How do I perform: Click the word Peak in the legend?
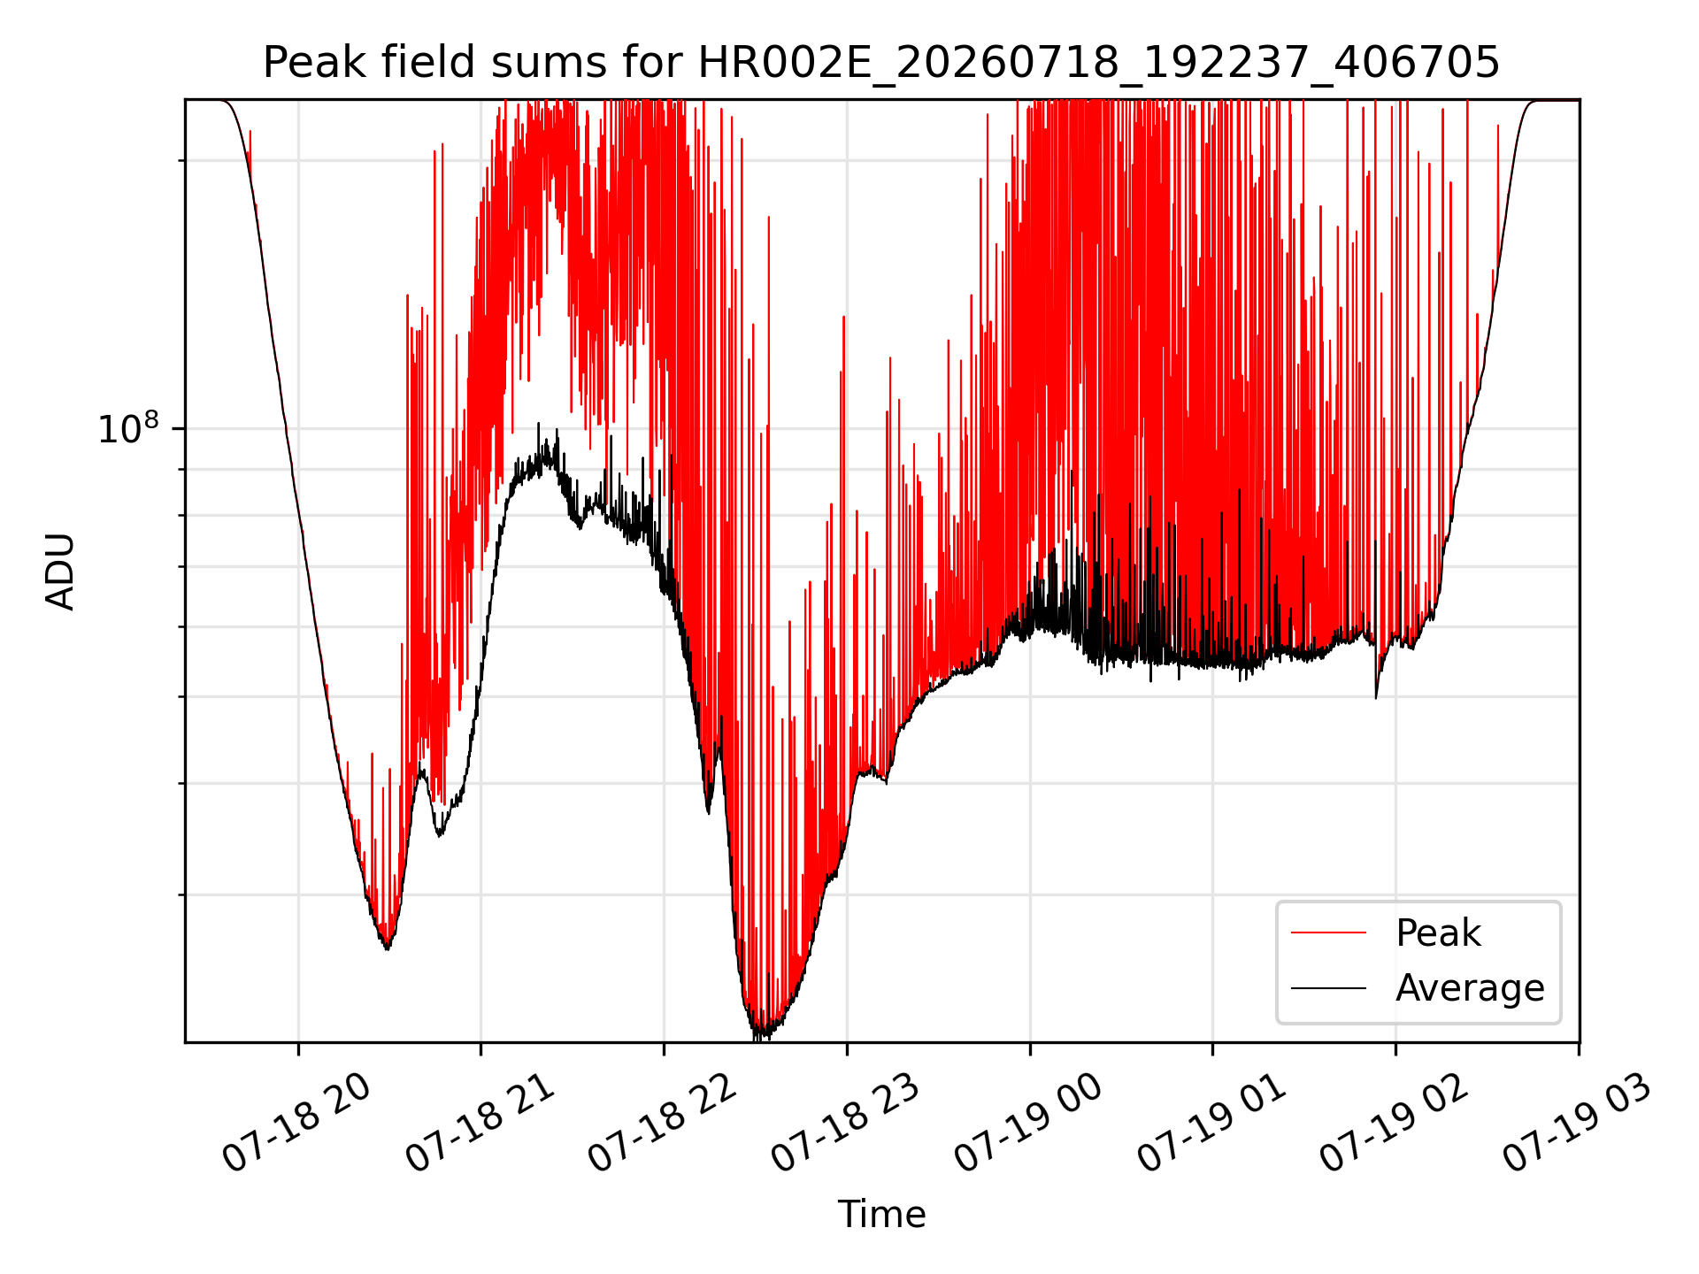click(x=1438, y=932)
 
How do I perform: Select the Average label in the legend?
click(x=1470, y=987)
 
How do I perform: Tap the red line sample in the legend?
click(x=1328, y=932)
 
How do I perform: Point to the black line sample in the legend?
click(x=1328, y=987)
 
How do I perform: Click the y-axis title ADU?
click(x=60, y=571)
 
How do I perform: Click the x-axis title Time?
click(x=881, y=1214)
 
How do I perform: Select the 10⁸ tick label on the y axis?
click(x=129, y=428)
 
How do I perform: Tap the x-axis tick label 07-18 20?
click(x=297, y=1124)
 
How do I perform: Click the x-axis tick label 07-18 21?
click(x=480, y=1124)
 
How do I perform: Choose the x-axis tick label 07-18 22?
click(x=664, y=1124)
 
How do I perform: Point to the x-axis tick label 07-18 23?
click(x=847, y=1124)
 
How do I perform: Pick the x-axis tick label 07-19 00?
click(x=1029, y=1124)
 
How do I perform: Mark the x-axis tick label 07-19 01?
click(x=1212, y=1124)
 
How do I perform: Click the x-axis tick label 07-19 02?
click(x=1395, y=1124)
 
